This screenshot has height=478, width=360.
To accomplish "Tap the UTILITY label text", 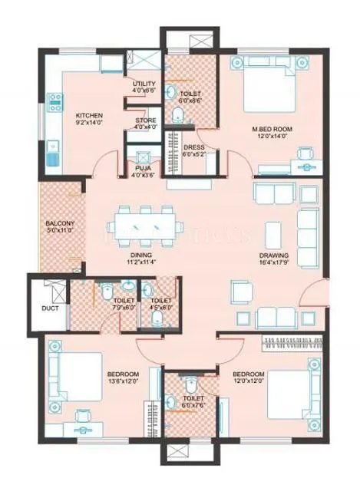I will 144,84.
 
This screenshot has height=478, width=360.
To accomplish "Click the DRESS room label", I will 193,147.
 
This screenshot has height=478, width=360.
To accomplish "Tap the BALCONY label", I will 58,223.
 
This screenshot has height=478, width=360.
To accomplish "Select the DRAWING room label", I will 272,258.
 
